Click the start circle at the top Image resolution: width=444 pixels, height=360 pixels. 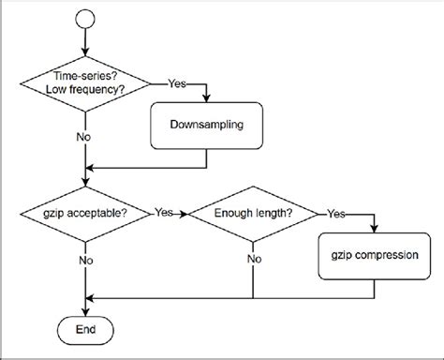(x=85, y=18)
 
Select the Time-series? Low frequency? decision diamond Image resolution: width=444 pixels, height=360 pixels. (x=86, y=82)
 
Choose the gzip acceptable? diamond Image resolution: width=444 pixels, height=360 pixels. (x=86, y=214)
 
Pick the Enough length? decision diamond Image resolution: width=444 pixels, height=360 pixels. (x=253, y=214)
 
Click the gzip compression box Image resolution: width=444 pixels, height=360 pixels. (x=375, y=255)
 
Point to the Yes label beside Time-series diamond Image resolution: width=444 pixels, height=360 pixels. (x=175, y=82)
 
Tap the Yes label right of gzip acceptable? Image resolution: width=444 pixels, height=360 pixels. (x=165, y=213)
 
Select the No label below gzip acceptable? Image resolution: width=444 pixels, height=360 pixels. (x=86, y=260)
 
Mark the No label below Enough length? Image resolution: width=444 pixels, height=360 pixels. (x=253, y=260)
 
